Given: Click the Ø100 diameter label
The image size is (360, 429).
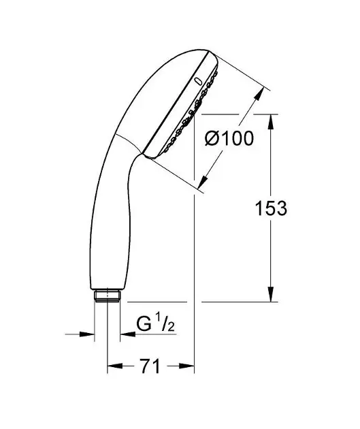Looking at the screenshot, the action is [x=229, y=138].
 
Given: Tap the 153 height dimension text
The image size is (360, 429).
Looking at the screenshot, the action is [x=271, y=208].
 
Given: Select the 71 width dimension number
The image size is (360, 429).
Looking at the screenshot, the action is [x=150, y=366].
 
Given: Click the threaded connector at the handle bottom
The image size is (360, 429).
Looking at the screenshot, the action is [x=107, y=296].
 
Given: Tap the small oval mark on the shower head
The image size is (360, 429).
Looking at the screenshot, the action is [x=198, y=82].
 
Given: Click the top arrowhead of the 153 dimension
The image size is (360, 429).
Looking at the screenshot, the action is [x=271, y=121].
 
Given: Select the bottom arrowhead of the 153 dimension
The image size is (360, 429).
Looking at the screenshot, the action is [x=271, y=294].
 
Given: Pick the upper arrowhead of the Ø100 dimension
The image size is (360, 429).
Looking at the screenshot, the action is [x=259, y=94].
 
